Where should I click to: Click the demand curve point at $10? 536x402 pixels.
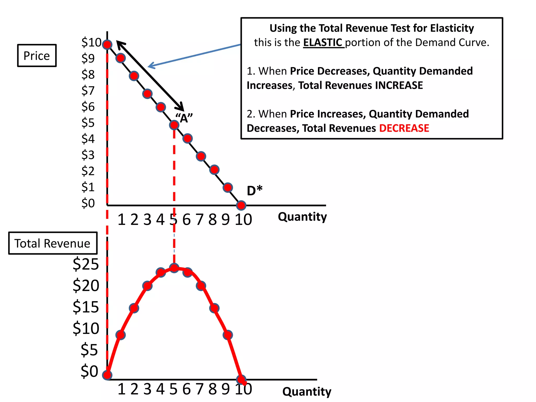pyautogui.click(x=107, y=44)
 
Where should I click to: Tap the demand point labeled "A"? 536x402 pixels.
pyautogui.click(x=174, y=125)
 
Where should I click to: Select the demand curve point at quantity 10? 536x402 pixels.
pyautogui.click(x=241, y=205)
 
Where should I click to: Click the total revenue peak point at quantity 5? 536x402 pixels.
pyautogui.click(x=174, y=268)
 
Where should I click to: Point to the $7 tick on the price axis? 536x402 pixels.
pyautogui.click(x=88, y=91)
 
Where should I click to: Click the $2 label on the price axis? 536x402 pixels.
pyautogui.click(x=88, y=171)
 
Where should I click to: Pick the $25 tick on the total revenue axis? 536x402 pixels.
pyautogui.click(x=86, y=264)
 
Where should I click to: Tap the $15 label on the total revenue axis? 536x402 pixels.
pyautogui.click(x=86, y=307)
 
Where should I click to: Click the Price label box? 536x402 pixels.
pyautogui.click(x=37, y=56)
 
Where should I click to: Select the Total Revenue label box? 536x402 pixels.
pyautogui.click(x=53, y=243)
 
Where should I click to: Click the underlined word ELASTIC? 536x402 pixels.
pyautogui.click(x=323, y=42)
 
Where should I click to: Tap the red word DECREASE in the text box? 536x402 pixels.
pyautogui.click(x=404, y=128)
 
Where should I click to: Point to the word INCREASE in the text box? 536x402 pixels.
pyautogui.click(x=399, y=85)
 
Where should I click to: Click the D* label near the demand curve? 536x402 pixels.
pyautogui.click(x=254, y=191)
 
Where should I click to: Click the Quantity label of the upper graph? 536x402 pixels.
pyautogui.click(x=302, y=217)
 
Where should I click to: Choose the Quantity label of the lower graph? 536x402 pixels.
pyautogui.click(x=307, y=392)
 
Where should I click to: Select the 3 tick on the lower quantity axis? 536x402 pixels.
pyautogui.click(x=147, y=389)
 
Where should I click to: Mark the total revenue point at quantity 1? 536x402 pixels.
pyautogui.click(x=120, y=335)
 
